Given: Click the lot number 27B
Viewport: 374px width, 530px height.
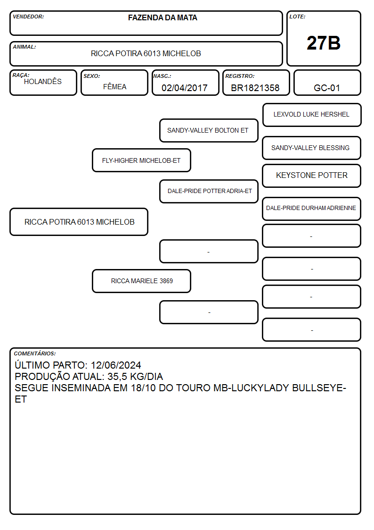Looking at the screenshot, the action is (x=324, y=43).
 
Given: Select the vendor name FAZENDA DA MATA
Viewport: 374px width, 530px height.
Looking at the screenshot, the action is (x=163, y=17).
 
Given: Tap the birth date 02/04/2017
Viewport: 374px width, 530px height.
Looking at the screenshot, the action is (x=185, y=88).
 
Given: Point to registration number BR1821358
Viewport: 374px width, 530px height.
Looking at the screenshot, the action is (x=255, y=88).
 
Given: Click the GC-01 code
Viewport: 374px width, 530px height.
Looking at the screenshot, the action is (x=327, y=88).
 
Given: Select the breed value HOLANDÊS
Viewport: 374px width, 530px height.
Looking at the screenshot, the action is (x=43, y=82).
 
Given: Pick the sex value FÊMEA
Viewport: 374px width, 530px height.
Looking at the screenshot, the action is (x=114, y=86).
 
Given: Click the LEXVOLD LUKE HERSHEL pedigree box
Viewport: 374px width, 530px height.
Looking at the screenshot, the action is (x=312, y=115).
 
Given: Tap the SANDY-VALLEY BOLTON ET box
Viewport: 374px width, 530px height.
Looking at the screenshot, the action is (x=209, y=130).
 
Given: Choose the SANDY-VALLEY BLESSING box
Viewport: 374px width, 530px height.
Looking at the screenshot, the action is (x=312, y=148).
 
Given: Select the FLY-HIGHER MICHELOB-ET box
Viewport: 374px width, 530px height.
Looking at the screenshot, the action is (x=141, y=160).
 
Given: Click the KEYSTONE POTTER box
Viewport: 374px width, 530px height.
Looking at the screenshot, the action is (x=312, y=176).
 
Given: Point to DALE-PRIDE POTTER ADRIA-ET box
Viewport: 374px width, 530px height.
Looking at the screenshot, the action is (x=209, y=191).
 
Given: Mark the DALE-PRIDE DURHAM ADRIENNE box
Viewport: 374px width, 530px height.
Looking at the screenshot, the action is (x=312, y=209).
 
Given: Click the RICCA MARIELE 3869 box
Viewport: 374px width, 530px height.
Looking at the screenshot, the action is (x=141, y=281).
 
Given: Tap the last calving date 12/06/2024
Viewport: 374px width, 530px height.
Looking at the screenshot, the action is (x=116, y=365).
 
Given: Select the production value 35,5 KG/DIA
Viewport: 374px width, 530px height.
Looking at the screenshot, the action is (x=135, y=377).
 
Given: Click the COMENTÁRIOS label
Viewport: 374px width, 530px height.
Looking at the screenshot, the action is (x=35, y=353).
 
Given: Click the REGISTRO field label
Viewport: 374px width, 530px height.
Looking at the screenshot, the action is (x=240, y=76).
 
